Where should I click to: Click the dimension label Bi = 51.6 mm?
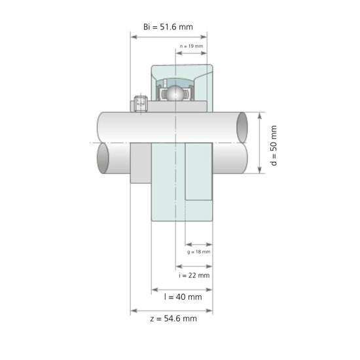click(168, 26)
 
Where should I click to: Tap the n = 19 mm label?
click(191, 46)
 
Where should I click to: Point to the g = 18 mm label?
click(198, 251)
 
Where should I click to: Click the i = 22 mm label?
click(194, 276)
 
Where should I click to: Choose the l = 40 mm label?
click(183, 297)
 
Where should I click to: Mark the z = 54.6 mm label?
click(172, 319)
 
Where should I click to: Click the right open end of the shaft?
click(242, 126)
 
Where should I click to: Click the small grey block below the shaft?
click(141, 164)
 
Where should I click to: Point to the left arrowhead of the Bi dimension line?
click(134, 37)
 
